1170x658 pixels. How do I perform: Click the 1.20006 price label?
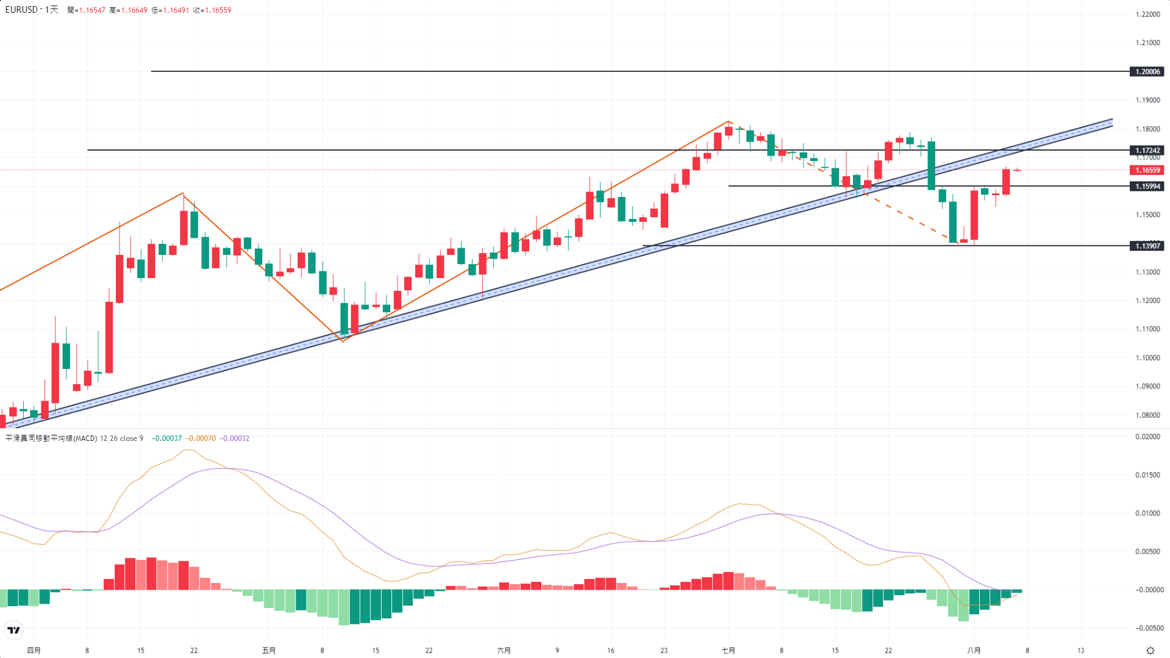[x=1147, y=72]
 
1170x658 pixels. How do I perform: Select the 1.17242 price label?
[x=1147, y=150]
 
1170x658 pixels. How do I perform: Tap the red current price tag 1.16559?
[x=1147, y=170]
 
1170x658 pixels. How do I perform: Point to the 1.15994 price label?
[x=1147, y=187]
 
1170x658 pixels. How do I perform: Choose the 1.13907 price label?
[x=1147, y=246]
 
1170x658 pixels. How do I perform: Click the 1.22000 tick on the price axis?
[x=1147, y=14]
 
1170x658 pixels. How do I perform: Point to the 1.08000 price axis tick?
[x=1147, y=415]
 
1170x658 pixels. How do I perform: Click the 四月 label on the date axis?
[x=34, y=651]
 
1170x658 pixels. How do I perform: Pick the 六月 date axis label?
[x=504, y=651]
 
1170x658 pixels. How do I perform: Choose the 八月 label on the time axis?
[x=974, y=651]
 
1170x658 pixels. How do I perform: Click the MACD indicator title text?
[x=51, y=438]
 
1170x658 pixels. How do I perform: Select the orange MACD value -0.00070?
[x=201, y=438]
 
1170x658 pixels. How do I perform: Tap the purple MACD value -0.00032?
[x=234, y=438]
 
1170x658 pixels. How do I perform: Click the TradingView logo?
[x=13, y=630]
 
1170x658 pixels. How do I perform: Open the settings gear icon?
[x=1150, y=651]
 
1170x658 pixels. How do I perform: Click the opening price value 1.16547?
[x=92, y=10]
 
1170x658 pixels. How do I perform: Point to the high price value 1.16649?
[x=134, y=10]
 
